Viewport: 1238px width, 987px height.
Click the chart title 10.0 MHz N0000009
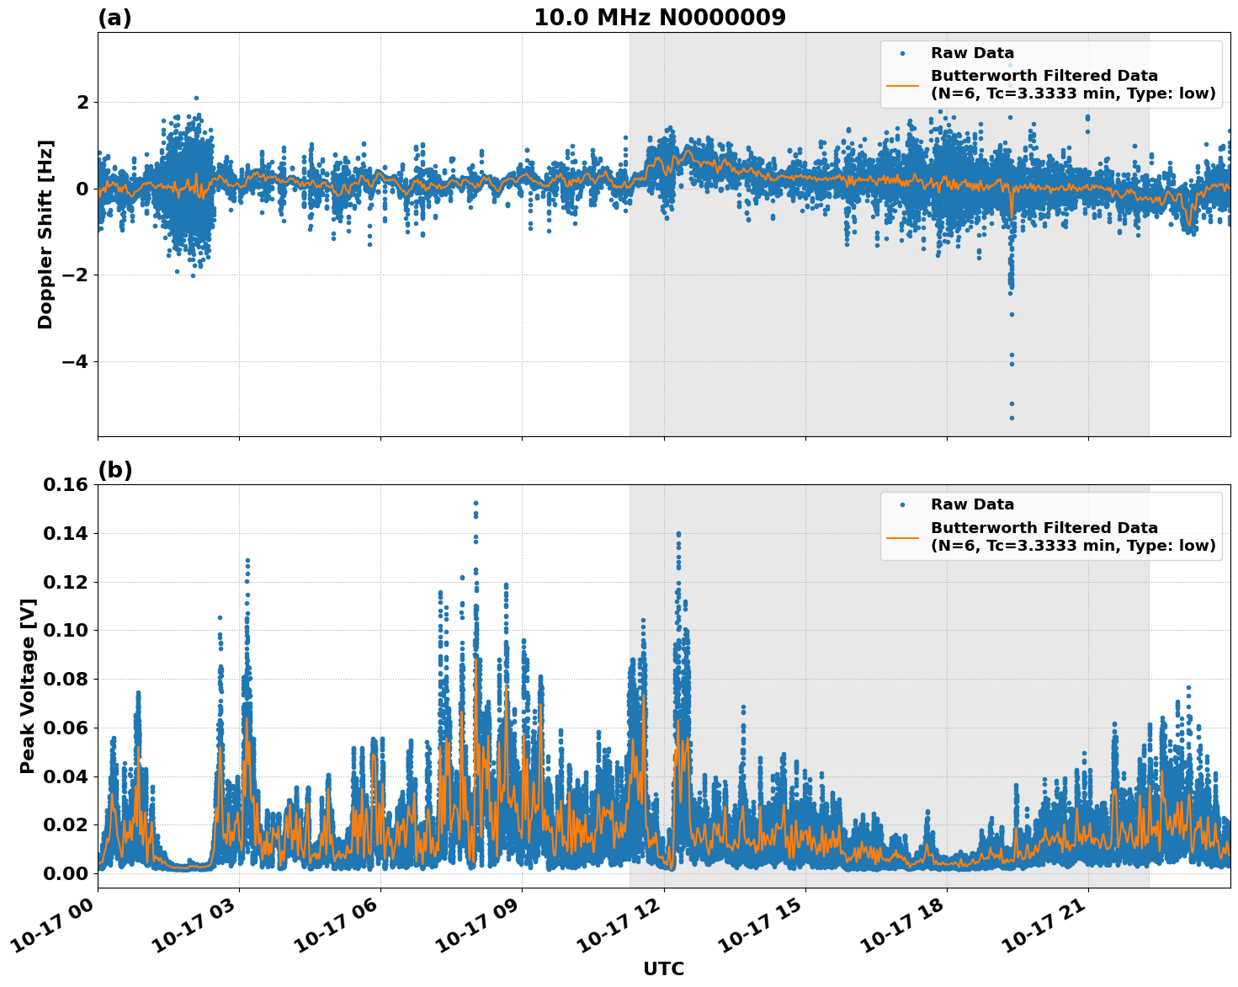coord(660,18)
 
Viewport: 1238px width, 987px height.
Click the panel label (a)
coord(114,18)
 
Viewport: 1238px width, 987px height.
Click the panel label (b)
coord(114,470)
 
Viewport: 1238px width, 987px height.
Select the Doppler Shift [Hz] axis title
coord(45,234)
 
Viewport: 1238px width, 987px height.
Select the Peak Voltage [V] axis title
coord(28,686)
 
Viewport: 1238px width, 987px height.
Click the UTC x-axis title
coord(663,968)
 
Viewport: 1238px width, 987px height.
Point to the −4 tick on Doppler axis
coord(77,361)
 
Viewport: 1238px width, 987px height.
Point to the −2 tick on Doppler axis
coord(77,275)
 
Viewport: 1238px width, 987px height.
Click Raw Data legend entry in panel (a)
coord(972,53)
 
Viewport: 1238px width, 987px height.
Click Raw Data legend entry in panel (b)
coord(972,504)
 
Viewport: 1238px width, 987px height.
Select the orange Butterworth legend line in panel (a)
coord(902,85)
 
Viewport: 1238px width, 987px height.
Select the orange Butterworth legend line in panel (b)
coord(902,536)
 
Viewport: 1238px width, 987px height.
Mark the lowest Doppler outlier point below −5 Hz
coord(1012,418)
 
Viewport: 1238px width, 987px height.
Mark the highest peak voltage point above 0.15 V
coord(476,503)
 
